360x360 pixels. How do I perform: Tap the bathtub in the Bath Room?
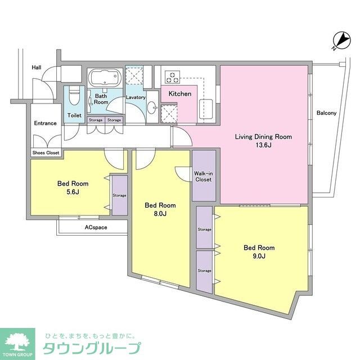click(x=104, y=77)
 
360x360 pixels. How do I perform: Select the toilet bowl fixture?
click(x=74, y=99)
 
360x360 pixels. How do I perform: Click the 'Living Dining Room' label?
click(x=263, y=137)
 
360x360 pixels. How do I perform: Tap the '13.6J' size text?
click(x=263, y=146)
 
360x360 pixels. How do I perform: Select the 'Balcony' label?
click(x=326, y=113)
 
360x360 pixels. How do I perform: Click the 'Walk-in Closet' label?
click(x=203, y=177)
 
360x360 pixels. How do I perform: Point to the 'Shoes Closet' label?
click(x=46, y=152)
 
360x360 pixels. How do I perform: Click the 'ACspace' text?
click(x=97, y=228)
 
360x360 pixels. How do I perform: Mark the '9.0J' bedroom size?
click(x=259, y=256)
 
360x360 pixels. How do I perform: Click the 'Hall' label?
click(x=37, y=67)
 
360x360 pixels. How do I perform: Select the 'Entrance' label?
click(x=45, y=123)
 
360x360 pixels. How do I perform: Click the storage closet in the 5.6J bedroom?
click(x=119, y=195)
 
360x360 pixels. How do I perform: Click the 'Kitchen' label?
click(x=180, y=94)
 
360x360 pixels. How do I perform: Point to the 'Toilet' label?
click(x=74, y=115)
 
